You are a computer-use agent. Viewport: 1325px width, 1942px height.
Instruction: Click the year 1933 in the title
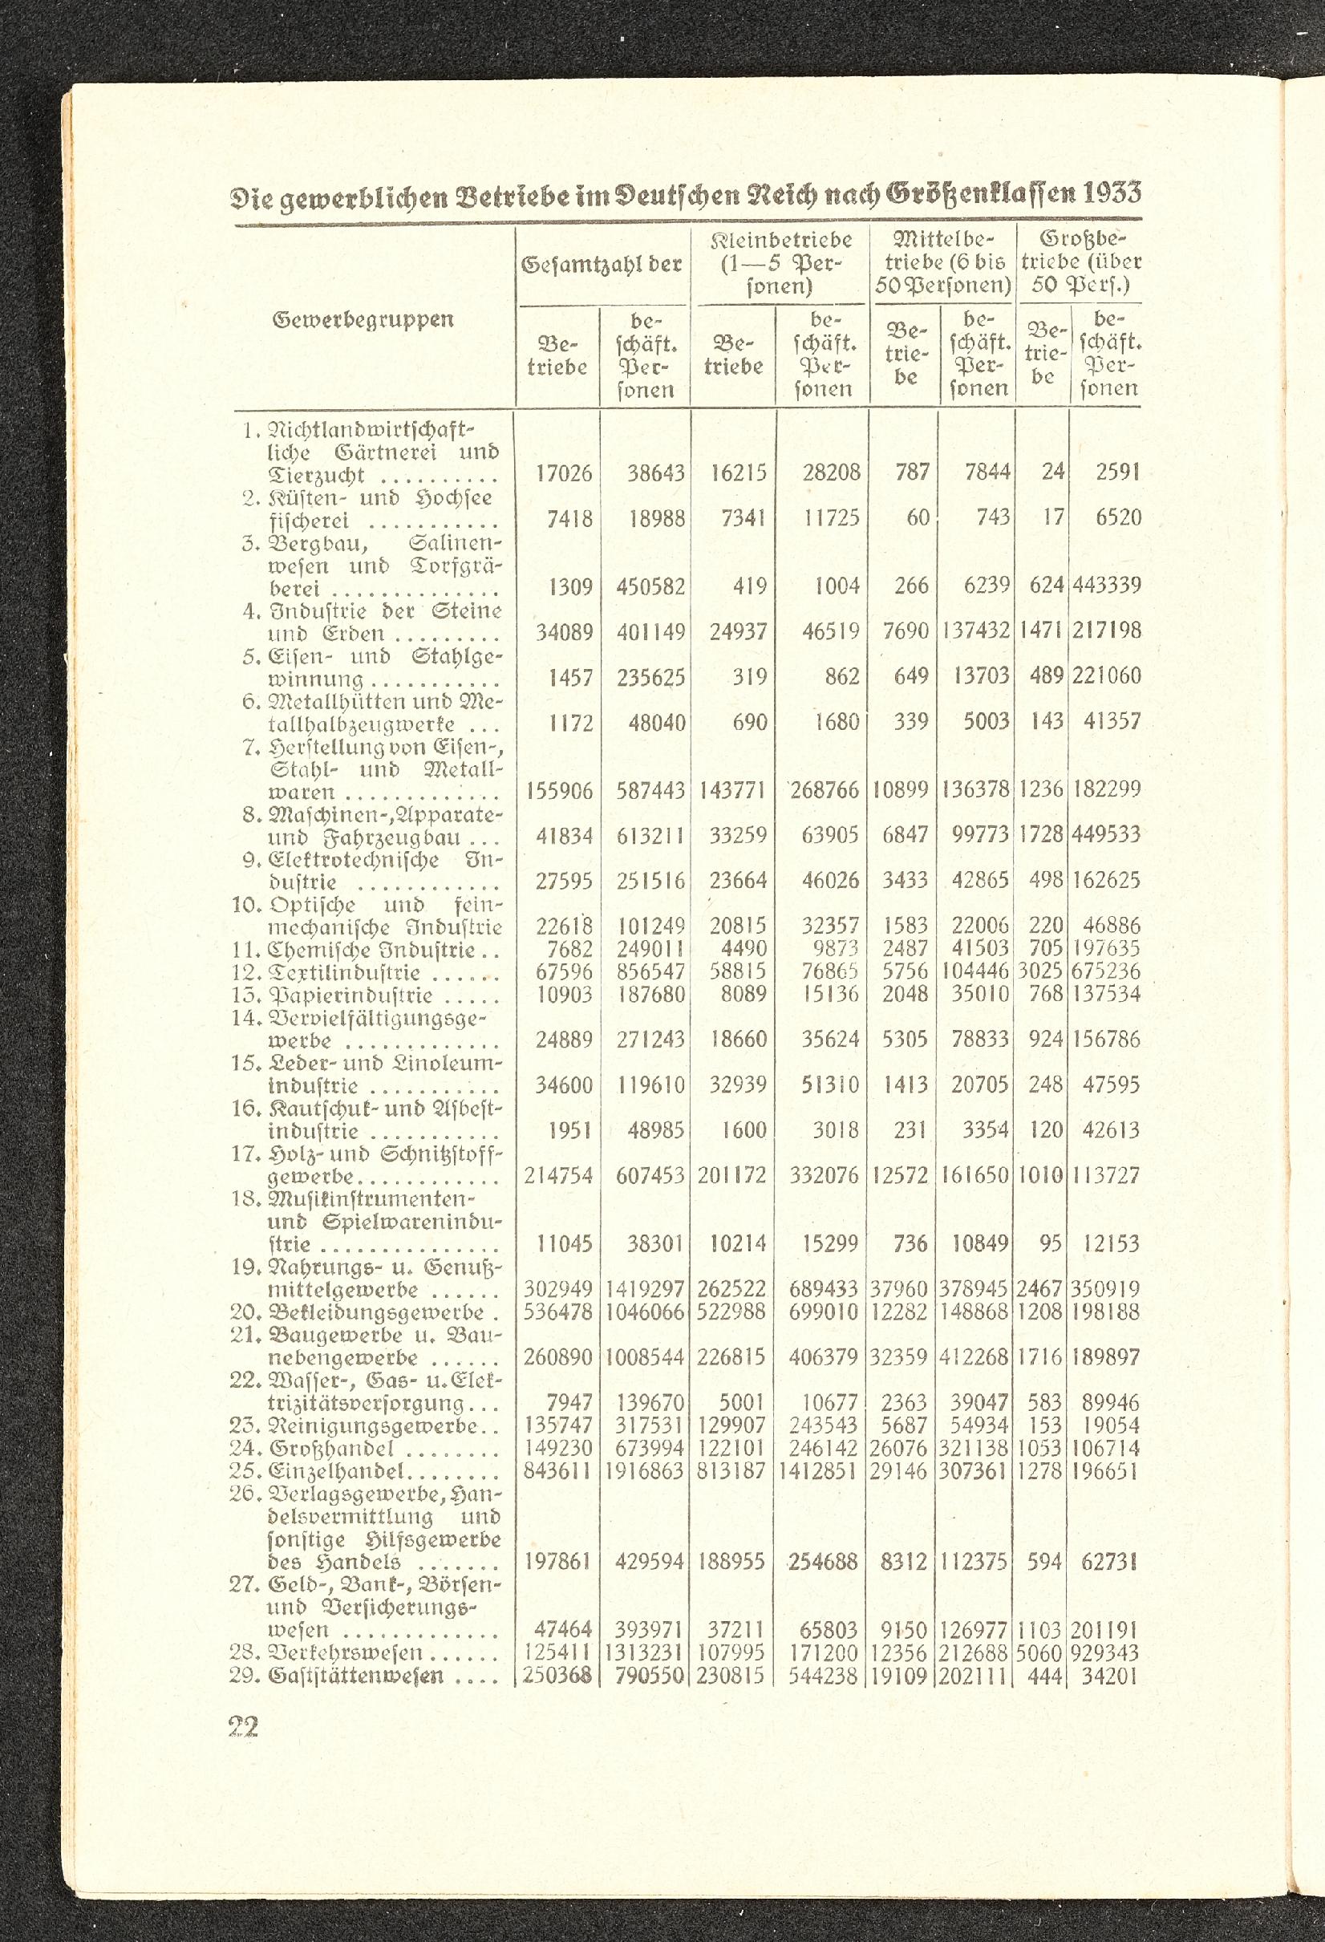tap(1111, 194)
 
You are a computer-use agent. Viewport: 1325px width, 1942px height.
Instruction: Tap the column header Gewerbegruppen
tap(363, 319)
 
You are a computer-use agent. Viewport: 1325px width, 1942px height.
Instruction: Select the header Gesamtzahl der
tap(602, 265)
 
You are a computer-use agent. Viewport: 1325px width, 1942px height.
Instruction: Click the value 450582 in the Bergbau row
tap(650, 586)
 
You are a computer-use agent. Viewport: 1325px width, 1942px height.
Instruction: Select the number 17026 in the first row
tap(564, 473)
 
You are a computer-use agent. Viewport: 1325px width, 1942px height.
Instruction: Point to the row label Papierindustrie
tap(350, 995)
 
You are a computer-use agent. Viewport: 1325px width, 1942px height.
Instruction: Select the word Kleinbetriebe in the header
tap(781, 241)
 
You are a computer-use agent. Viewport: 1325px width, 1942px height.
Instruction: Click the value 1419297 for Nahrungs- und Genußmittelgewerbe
tap(645, 1289)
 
